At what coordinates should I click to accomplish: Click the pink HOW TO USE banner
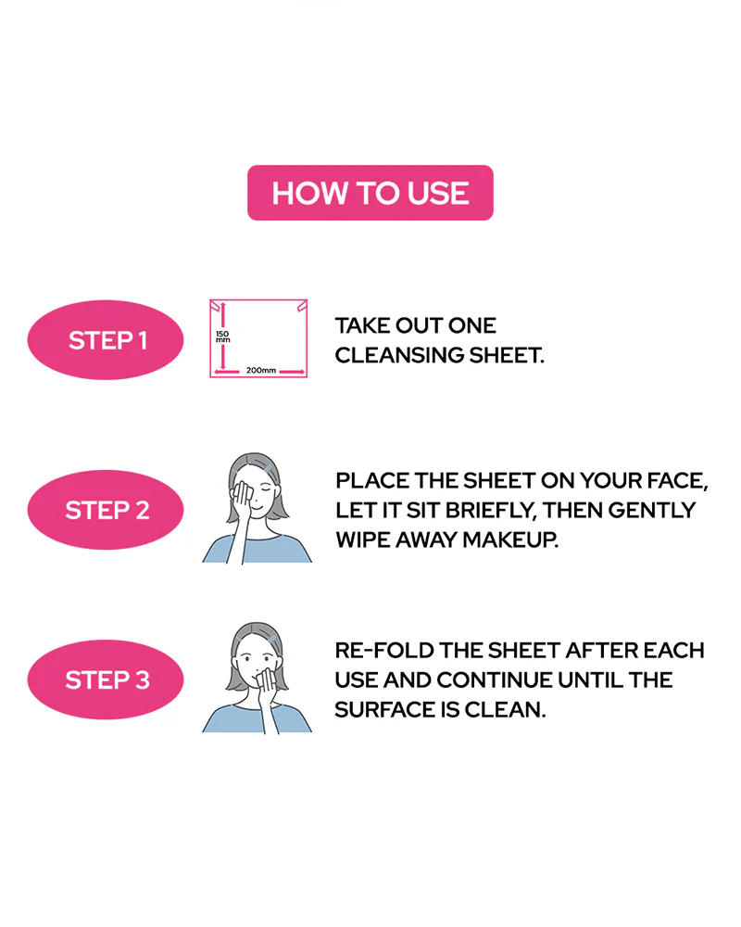coord(370,193)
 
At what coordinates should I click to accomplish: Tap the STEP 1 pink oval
coord(106,340)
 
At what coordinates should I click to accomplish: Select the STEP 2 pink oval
coord(106,510)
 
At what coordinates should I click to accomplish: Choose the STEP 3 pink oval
coord(106,679)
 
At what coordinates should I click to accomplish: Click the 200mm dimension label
coord(261,370)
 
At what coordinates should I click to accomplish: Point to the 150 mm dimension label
coord(223,337)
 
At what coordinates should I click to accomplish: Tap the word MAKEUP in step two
coord(510,540)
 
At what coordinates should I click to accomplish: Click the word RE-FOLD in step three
coord(384,651)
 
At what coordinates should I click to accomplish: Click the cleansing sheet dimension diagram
coord(258,338)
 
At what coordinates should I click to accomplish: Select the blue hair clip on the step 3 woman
coord(271,639)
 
